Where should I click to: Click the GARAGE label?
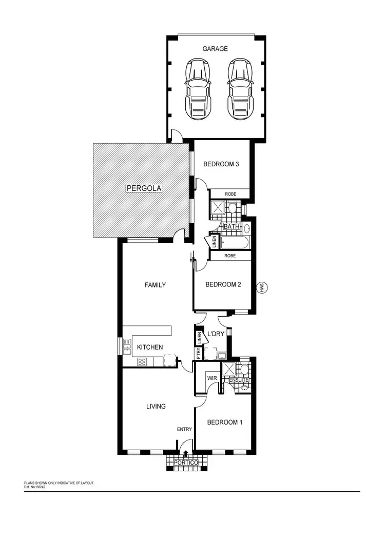(215, 49)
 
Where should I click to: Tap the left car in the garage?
(197, 88)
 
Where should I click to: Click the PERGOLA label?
(144, 188)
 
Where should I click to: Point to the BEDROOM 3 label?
(221, 164)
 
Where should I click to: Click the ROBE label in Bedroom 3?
(230, 194)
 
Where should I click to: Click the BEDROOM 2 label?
(223, 284)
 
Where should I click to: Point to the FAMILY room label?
(155, 285)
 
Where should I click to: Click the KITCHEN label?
(150, 348)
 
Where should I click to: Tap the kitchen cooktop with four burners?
(142, 361)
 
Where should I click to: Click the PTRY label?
(198, 353)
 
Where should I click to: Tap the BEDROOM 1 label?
(224, 422)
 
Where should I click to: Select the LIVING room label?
(156, 406)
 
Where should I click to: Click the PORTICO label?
(186, 463)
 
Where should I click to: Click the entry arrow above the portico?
(186, 453)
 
